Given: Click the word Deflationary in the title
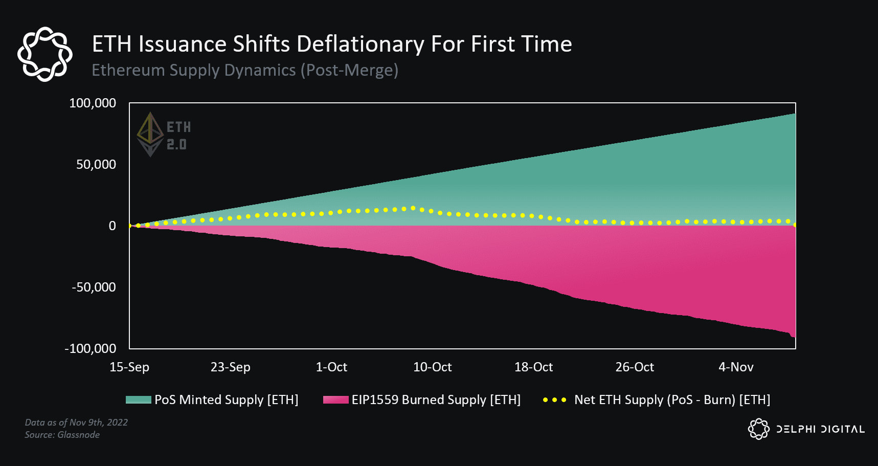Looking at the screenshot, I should click(360, 45).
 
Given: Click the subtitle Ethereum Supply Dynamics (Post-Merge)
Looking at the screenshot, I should click(245, 70).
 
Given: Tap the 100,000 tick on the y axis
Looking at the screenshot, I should click(93, 103).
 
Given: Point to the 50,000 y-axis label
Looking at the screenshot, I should click(96, 165).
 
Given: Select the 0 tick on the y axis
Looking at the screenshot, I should click(112, 226).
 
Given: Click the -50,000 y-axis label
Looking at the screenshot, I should click(94, 287).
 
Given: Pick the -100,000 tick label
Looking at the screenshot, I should click(91, 349).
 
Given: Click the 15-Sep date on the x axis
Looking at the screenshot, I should click(129, 367).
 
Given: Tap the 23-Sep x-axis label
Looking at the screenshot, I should click(231, 367).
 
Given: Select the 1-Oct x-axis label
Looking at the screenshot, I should click(331, 367).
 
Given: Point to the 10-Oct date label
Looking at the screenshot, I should click(433, 367).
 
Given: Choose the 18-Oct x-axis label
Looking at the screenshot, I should click(533, 367).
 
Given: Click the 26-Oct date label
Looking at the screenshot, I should click(635, 367).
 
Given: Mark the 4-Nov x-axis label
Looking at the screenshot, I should click(736, 367).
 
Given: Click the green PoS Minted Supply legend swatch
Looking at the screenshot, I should click(138, 400).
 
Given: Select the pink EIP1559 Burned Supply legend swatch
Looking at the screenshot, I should click(335, 400).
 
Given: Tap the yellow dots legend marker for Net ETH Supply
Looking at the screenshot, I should click(554, 400).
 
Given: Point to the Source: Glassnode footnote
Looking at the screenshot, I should click(62, 435).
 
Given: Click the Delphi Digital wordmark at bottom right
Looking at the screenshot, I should click(820, 429).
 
